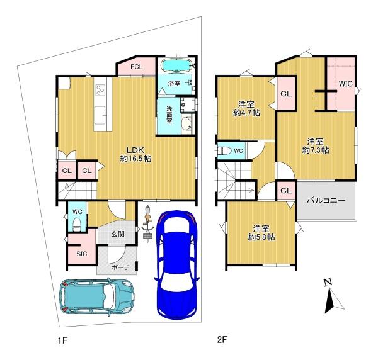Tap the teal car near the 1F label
point(98,297)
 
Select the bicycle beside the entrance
point(147,223)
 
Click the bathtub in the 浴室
point(176,65)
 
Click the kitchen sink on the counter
point(100,115)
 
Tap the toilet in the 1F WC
point(77,224)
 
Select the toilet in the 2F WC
point(224,151)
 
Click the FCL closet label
point(137,67)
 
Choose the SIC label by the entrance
point(82,254)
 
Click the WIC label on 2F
point(346,84)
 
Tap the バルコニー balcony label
point(326,200)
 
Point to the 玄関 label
point(118,234)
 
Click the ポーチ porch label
point(121,267)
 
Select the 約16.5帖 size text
point(136,159)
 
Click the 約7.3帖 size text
point(316,150)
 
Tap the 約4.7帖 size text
point(246,113)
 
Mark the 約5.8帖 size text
point(261,237)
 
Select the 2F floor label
point(222,340)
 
